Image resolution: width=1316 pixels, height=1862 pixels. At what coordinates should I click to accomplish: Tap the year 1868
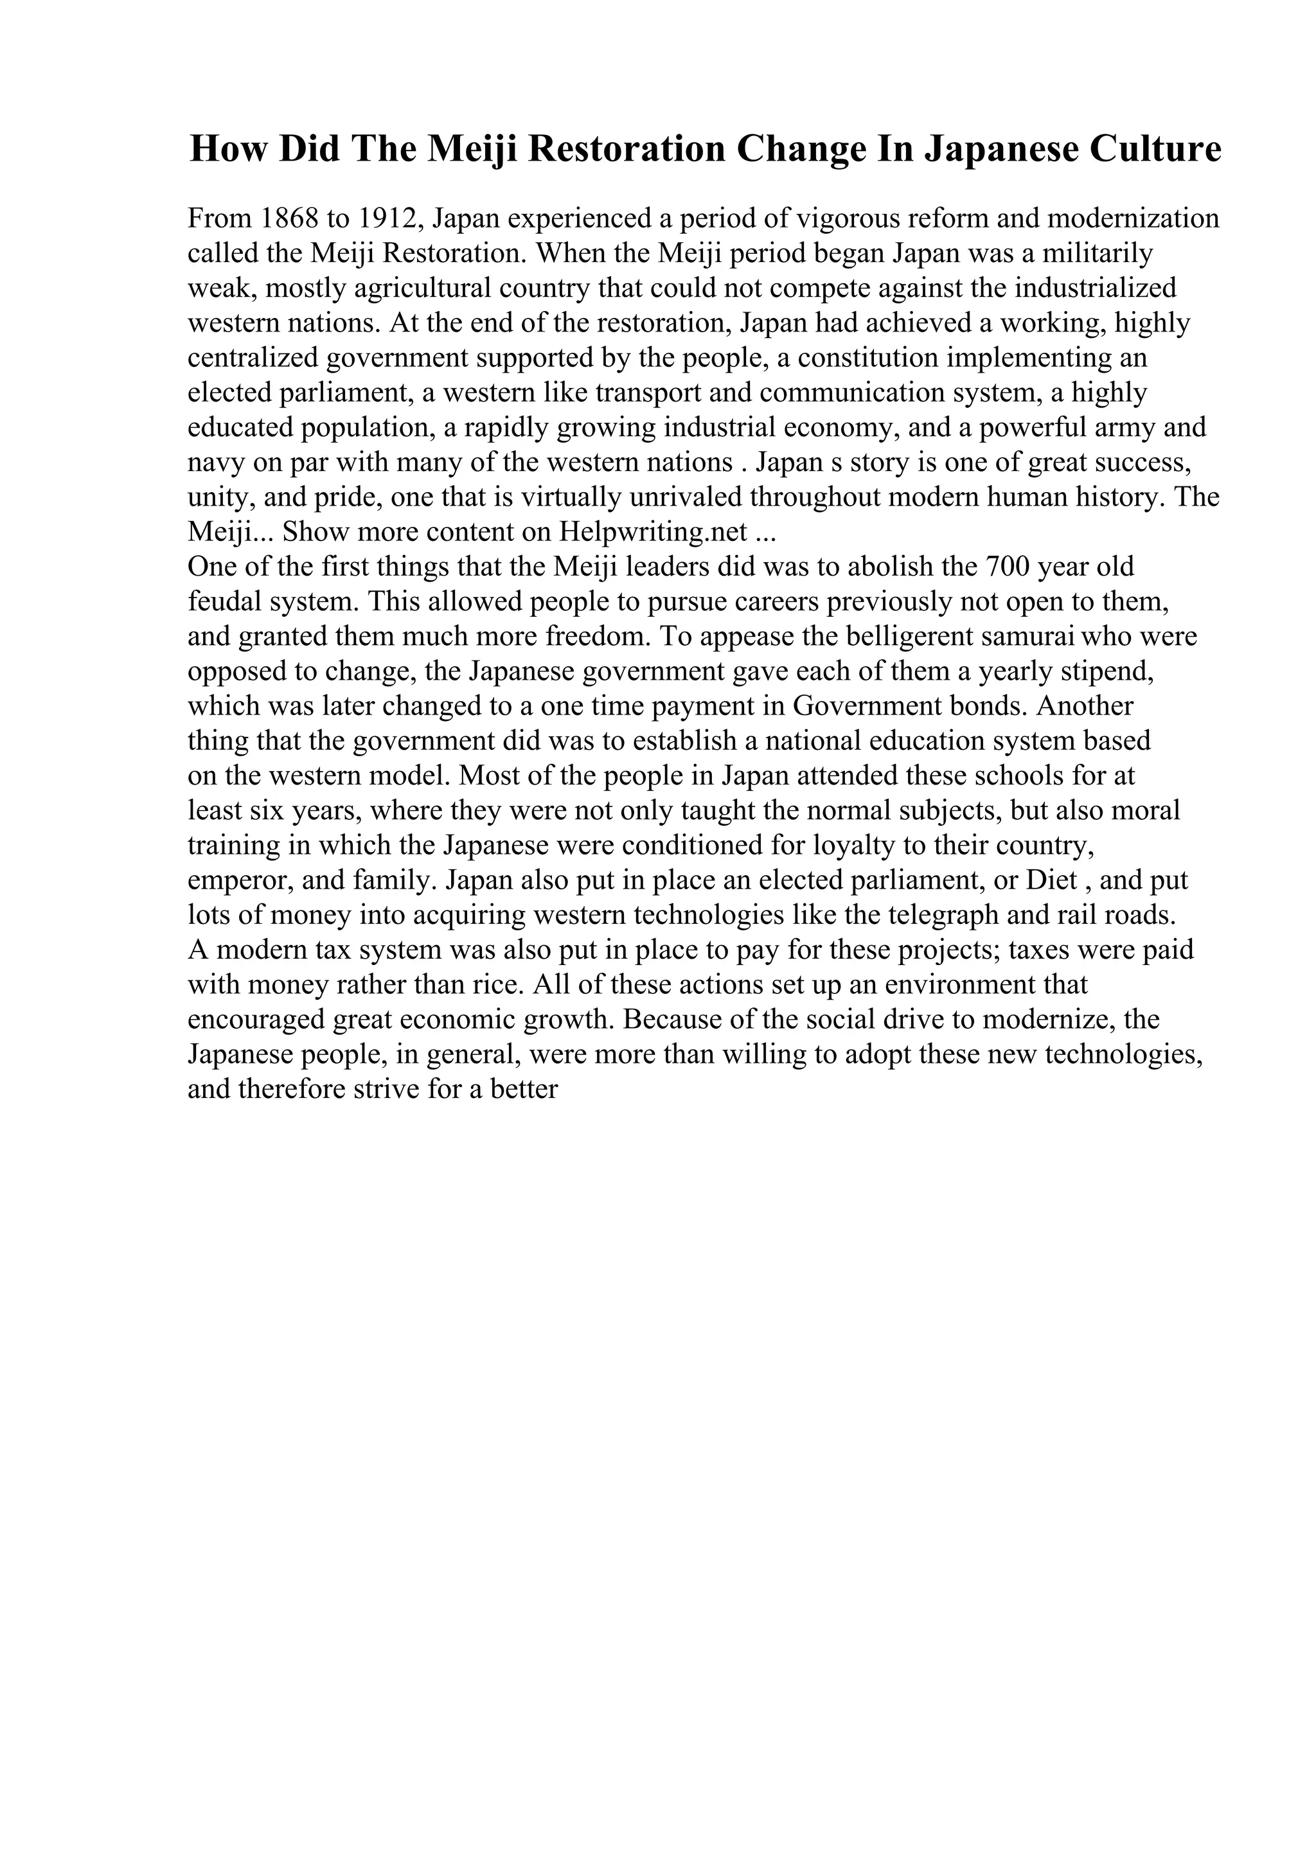pos(288,219)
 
